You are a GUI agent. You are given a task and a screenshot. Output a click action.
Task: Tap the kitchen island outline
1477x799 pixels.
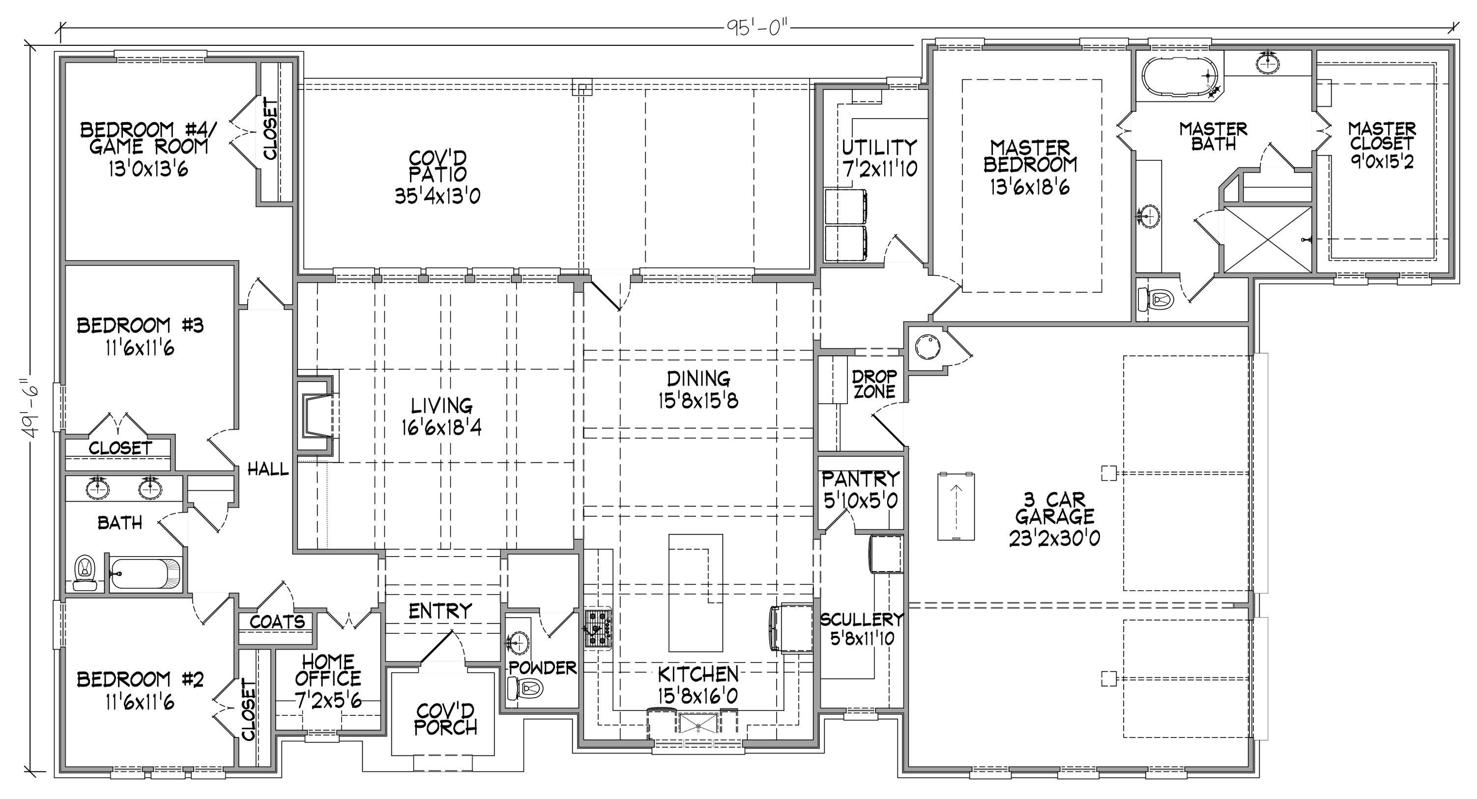click(695, 592)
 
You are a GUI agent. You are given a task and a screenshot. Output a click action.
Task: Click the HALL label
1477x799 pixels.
click(268, 469)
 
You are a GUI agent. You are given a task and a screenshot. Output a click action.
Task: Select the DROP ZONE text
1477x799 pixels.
click(874, 385)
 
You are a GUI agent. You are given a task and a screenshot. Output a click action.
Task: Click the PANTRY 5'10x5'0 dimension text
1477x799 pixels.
click(860, 501)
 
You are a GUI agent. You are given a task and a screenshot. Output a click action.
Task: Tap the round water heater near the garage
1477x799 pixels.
click(927, 347)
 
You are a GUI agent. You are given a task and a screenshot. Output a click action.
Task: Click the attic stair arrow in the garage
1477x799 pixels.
click(956, 506)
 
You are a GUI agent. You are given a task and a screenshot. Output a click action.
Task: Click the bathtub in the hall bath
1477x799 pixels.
click(145, 572)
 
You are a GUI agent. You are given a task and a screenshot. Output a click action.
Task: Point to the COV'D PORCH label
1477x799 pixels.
click(445, 719)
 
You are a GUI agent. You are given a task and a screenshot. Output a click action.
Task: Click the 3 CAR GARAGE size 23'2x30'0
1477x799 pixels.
click(1054, 538)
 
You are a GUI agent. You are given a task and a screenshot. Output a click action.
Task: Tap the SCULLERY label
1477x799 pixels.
click(861, 620)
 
